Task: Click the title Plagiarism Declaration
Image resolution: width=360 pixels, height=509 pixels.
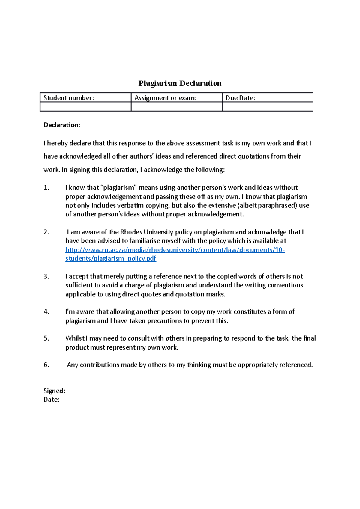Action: [180, 83]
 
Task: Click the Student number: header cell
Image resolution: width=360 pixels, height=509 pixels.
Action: [85, 98]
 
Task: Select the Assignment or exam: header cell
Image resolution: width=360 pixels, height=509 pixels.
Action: [176, 98]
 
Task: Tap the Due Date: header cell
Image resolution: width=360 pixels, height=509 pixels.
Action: [267, 98]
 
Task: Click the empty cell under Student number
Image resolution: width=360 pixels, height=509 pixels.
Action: [85, 107]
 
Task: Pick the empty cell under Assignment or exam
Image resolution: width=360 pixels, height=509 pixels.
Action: [176, 107]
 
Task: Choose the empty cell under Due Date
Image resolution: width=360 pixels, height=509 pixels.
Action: [267, 107]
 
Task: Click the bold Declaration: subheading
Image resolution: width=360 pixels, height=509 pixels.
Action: [62, 125]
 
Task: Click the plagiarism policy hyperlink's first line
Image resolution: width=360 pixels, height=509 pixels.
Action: [175, 250]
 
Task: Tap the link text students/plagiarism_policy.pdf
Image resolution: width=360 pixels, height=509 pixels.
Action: [111, 258]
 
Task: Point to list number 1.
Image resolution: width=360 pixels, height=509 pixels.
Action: [46, 188]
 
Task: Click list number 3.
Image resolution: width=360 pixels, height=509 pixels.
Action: [46, 276]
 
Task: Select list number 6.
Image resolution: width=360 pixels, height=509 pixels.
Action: [46, 365]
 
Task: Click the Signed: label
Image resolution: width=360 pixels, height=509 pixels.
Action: [54, 391]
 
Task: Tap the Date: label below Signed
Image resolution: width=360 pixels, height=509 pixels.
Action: [52, 400]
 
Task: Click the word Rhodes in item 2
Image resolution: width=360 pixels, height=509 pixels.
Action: [131, 232]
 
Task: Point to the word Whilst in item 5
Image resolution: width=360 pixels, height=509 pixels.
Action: [75, 338]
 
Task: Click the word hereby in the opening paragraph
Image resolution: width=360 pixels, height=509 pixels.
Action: [57, 143]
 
